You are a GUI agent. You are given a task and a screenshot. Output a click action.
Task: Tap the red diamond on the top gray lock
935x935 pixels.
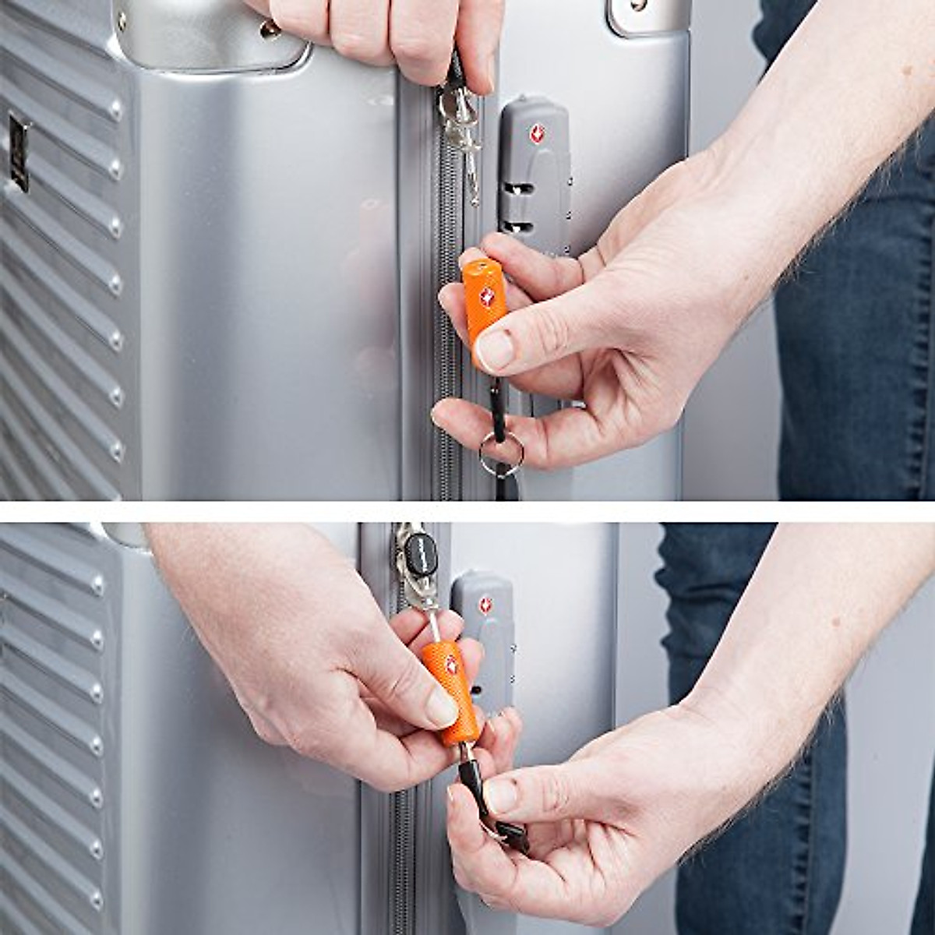[537, 134]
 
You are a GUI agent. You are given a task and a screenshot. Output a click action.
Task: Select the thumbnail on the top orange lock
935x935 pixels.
[496, 350]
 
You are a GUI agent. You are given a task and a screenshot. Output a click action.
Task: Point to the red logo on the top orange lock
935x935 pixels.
[486, 296]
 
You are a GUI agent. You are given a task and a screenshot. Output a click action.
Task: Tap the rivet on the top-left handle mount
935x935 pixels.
[270, 30]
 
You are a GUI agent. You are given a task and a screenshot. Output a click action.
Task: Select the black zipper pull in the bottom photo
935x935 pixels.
[421, 554]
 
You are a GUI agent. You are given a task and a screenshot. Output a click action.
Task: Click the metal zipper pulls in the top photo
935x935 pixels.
[460, 125]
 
